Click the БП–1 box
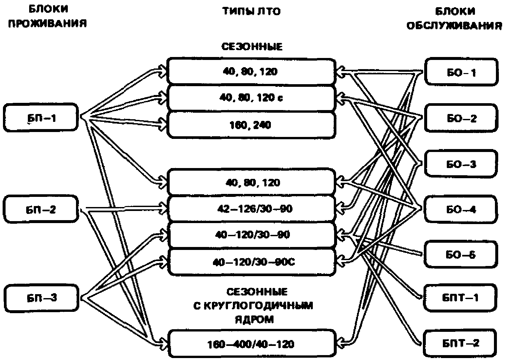click(x=41, y=118)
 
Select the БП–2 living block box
click(x=41, y=209)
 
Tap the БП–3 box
click(x=41, y=298)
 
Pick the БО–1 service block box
click(x=461, y=72)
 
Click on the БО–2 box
click(x=461, y=118)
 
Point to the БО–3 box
click(x=461, y=164)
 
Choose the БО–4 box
click(x=461, y=209)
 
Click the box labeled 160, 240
click(x=251, y=125)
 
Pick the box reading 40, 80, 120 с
click(x=251, y=98)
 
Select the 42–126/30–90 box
click(x=251, y=209)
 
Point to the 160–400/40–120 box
click(x=251, y=344)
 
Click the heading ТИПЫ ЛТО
click(x=251, y=11)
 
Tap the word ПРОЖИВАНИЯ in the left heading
click(x=47, y=24)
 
